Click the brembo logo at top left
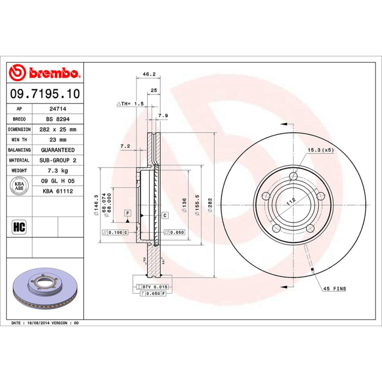point(44,73)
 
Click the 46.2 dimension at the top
point(149,74)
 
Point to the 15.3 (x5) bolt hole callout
point(320,150)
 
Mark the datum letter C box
point(165,215)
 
